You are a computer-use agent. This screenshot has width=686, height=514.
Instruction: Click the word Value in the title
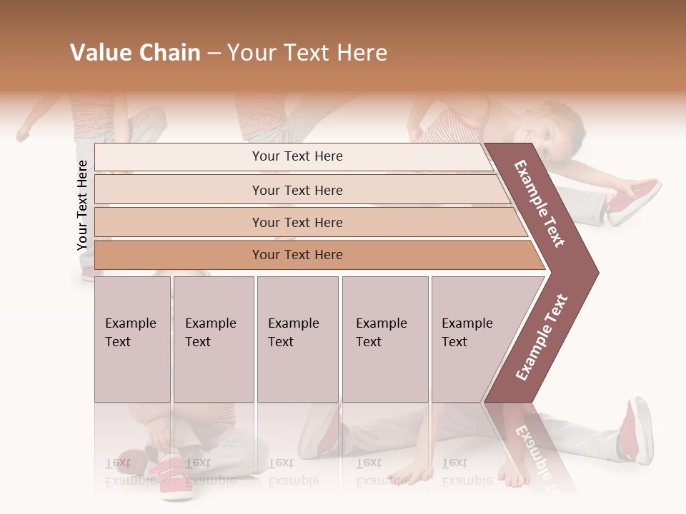coord(99,53)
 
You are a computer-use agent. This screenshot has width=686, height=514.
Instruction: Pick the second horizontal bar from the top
coord(297,190)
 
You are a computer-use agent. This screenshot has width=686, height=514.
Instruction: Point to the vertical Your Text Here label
coord(83,205)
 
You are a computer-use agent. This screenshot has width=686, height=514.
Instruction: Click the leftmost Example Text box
coord(132,339)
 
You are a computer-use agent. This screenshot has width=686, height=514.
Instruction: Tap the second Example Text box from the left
coord(213,339)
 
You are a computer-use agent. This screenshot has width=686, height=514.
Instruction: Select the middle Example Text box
coord(297,339)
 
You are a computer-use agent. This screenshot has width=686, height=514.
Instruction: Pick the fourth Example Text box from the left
coord(384,339)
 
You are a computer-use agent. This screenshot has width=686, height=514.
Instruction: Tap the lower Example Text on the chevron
coord(542,337)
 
